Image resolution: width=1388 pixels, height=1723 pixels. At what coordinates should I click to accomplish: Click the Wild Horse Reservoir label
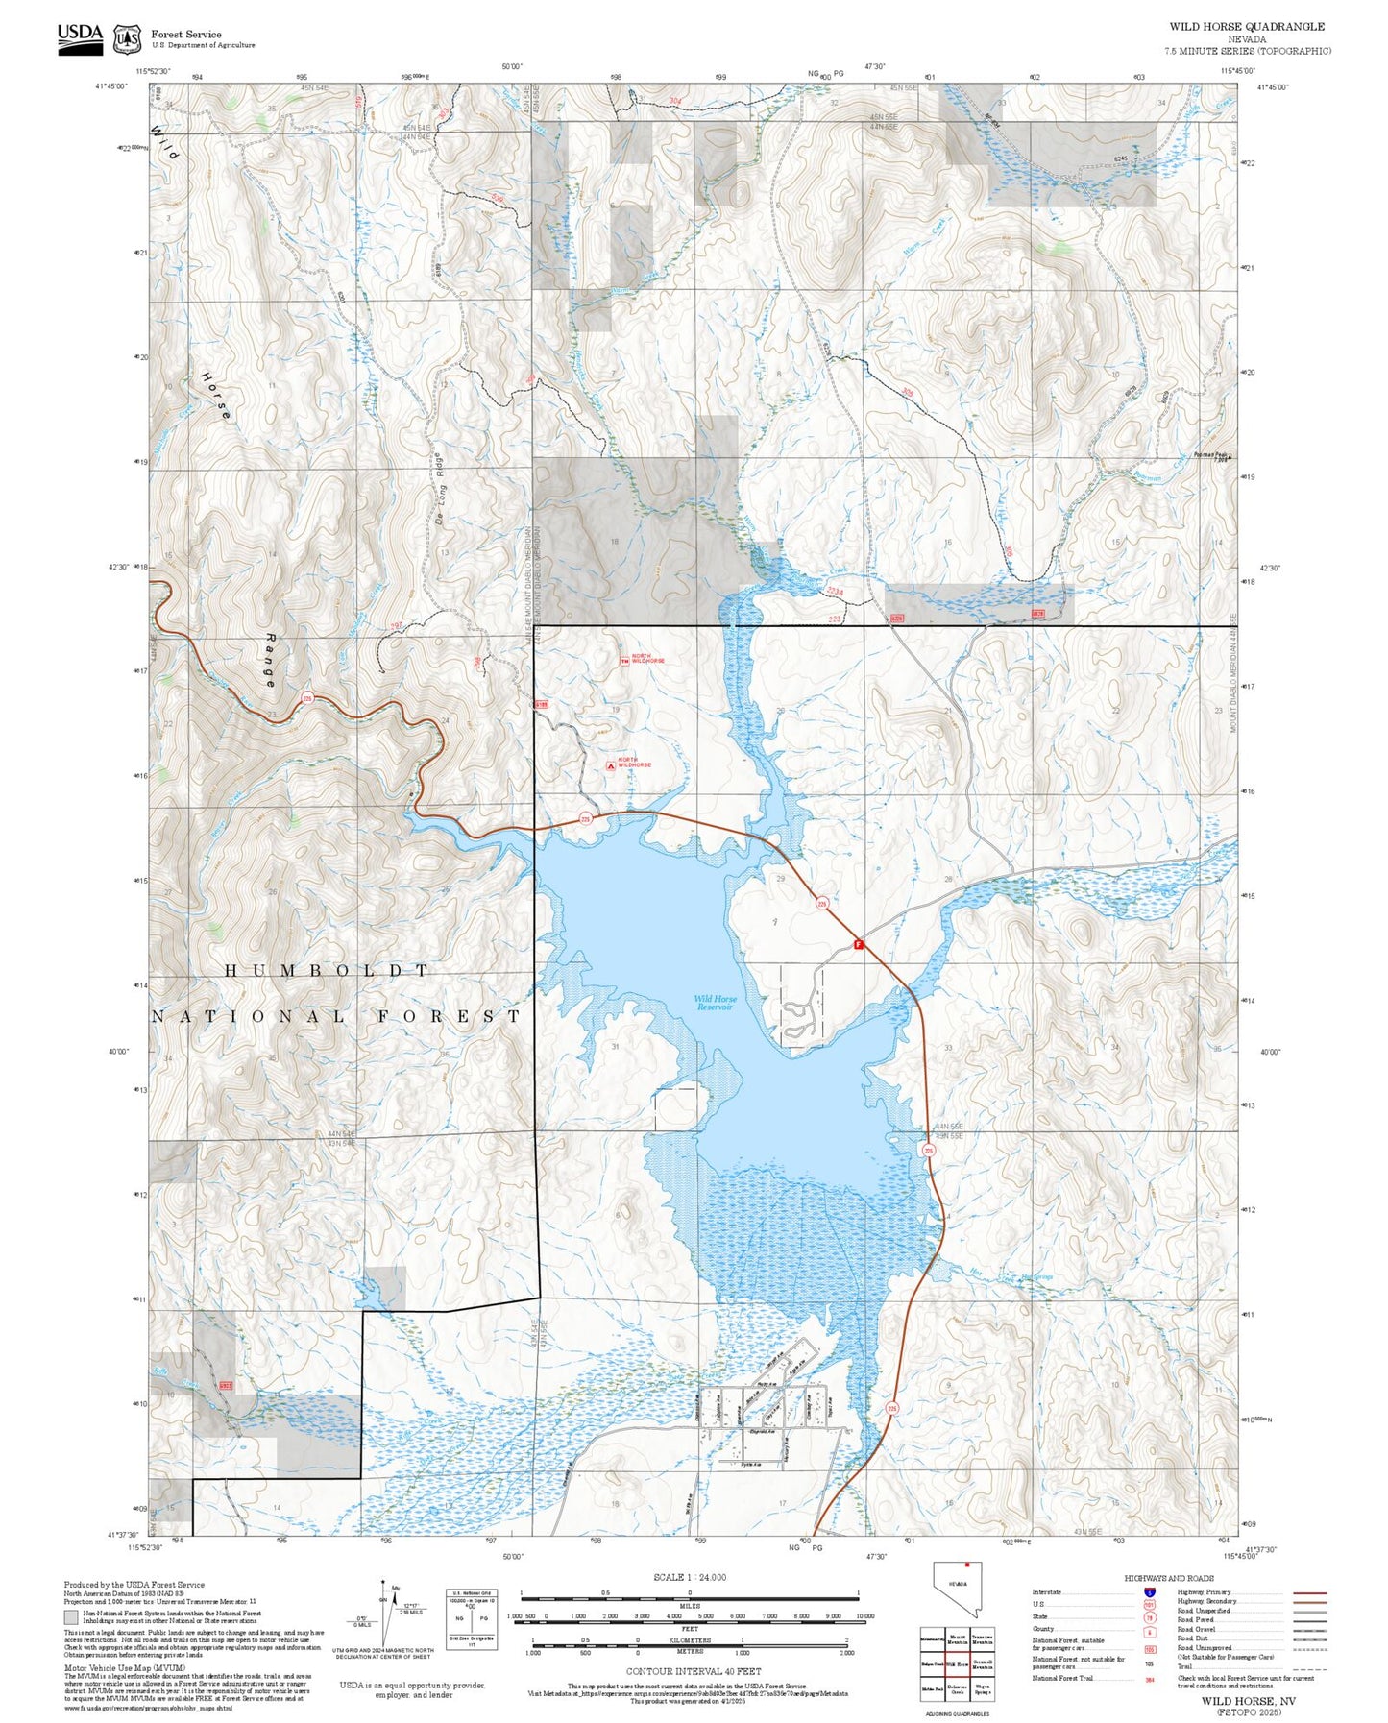[x=715, y=1003]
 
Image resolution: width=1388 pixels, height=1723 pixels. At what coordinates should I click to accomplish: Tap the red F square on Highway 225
[x=859, y=945]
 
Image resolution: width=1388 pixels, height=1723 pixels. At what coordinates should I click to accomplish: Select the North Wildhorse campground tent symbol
[x=612, y=765]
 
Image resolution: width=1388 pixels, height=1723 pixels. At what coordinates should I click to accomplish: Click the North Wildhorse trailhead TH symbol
[x=624, y=660]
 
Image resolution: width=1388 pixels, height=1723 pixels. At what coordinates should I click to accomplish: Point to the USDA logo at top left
[x=80, y=38]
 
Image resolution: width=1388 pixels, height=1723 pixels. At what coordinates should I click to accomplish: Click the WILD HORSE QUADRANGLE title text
[x=1246, y=27]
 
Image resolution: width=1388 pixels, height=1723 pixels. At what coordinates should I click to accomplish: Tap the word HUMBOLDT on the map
[x=327, y=971]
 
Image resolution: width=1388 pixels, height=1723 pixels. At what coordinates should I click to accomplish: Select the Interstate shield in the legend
[x=1149, y=1592]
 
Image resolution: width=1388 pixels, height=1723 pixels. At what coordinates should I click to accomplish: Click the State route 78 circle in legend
[x=1149, y=1616]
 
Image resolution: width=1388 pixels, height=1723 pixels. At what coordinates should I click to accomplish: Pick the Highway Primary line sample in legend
[x=1309, y=1592]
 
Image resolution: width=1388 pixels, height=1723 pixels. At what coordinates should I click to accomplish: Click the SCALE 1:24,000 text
[x=690, y=1577]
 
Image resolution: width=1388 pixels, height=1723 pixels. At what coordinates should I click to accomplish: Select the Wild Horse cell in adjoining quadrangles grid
[x=957, y=1664]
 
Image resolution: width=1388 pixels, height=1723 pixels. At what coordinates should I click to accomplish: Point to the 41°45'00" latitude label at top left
[x=111, y=86]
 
